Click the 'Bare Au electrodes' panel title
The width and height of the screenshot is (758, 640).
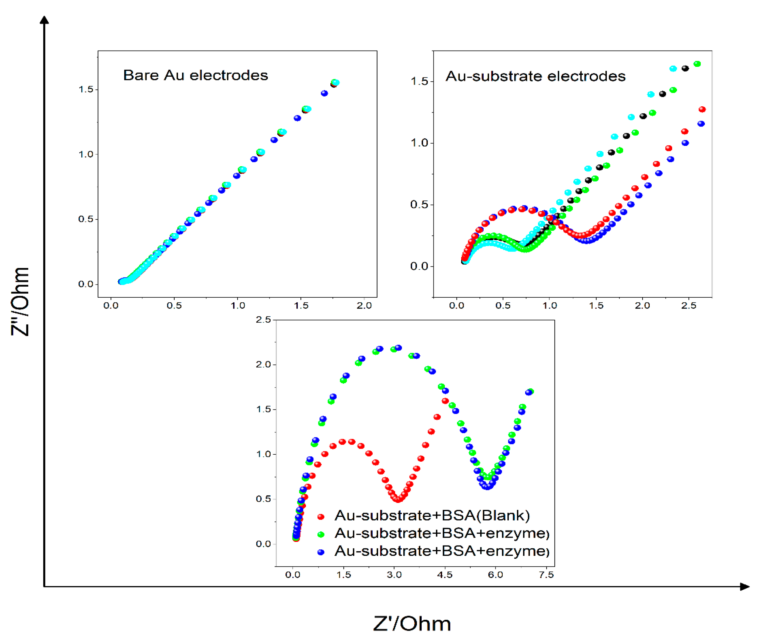pyautogui.click(x=195, y=75)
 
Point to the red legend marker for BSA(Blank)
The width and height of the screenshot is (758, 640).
pyautogui.click(x=321, y=517)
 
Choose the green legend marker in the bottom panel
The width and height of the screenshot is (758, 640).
pyautogui.click(x=321, y=534)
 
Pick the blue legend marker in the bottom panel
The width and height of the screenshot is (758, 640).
pyautogui.click(x=321, y=552)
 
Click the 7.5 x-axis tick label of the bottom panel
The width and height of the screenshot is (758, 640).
pyautogui.click(x=546, y=575)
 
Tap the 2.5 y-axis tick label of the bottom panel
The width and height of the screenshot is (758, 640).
pyautogui.click(x=263, y=320)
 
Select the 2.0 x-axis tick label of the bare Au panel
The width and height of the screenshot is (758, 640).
pyautogui.click(x=364, y=305)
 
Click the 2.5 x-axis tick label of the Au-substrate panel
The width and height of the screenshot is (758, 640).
pyautogui.click(x=688, y=305)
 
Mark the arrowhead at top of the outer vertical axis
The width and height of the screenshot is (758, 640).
pyautogui.click(x=44, y=20)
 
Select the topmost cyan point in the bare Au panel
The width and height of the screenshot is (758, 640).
pyautogui.click(x=336, y=83)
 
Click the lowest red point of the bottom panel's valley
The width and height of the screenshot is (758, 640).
pyautogui.click(x=398, y=500)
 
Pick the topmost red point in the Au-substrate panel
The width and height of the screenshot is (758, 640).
pyautogui.click(x=702, y=109)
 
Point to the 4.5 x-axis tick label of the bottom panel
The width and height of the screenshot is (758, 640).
pyautogui.click(x=444, y=575)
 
